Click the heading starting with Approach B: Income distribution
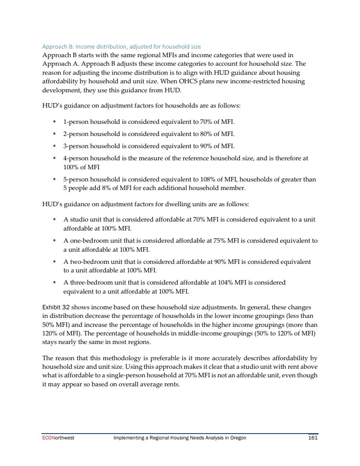click(121, 46)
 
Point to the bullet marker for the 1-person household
click(54, 122)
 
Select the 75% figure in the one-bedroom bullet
click(220, 240)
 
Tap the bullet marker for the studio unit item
click(54, 220)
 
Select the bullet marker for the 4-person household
click(54, 158)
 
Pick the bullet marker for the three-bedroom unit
click(54, 283)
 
